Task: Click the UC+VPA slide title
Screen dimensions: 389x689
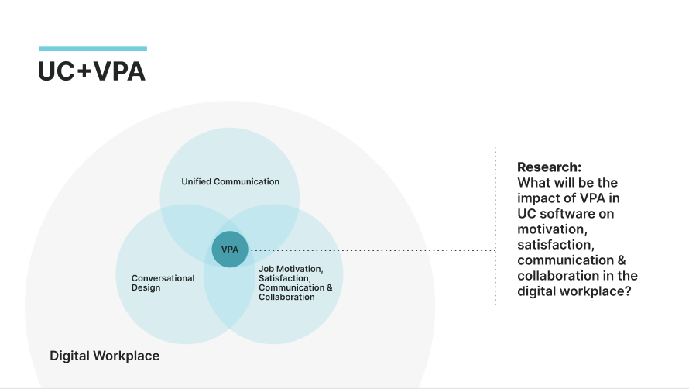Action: tap(91, 71)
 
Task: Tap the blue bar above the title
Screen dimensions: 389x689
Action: tap(92, 49)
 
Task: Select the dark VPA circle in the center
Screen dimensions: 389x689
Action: tap(230, 250)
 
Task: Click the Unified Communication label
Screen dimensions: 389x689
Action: tap(230, 181)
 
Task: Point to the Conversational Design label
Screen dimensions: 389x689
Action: tap(163, 283)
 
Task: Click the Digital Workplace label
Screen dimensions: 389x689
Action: tap(105, 356)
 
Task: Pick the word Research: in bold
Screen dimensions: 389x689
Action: tap(549, 167)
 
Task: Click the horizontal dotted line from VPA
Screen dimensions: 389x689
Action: tap(372, 250)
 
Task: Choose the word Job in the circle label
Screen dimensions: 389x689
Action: tap(266, 269)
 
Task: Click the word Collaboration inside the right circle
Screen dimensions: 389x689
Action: tap(286, 297)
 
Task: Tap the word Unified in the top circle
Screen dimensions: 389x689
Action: tap(197, 181)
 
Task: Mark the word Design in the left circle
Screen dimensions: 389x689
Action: tap(146, 287)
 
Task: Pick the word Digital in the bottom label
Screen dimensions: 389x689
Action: tap(70, 356)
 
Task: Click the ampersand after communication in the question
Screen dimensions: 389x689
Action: tap(619, 260)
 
